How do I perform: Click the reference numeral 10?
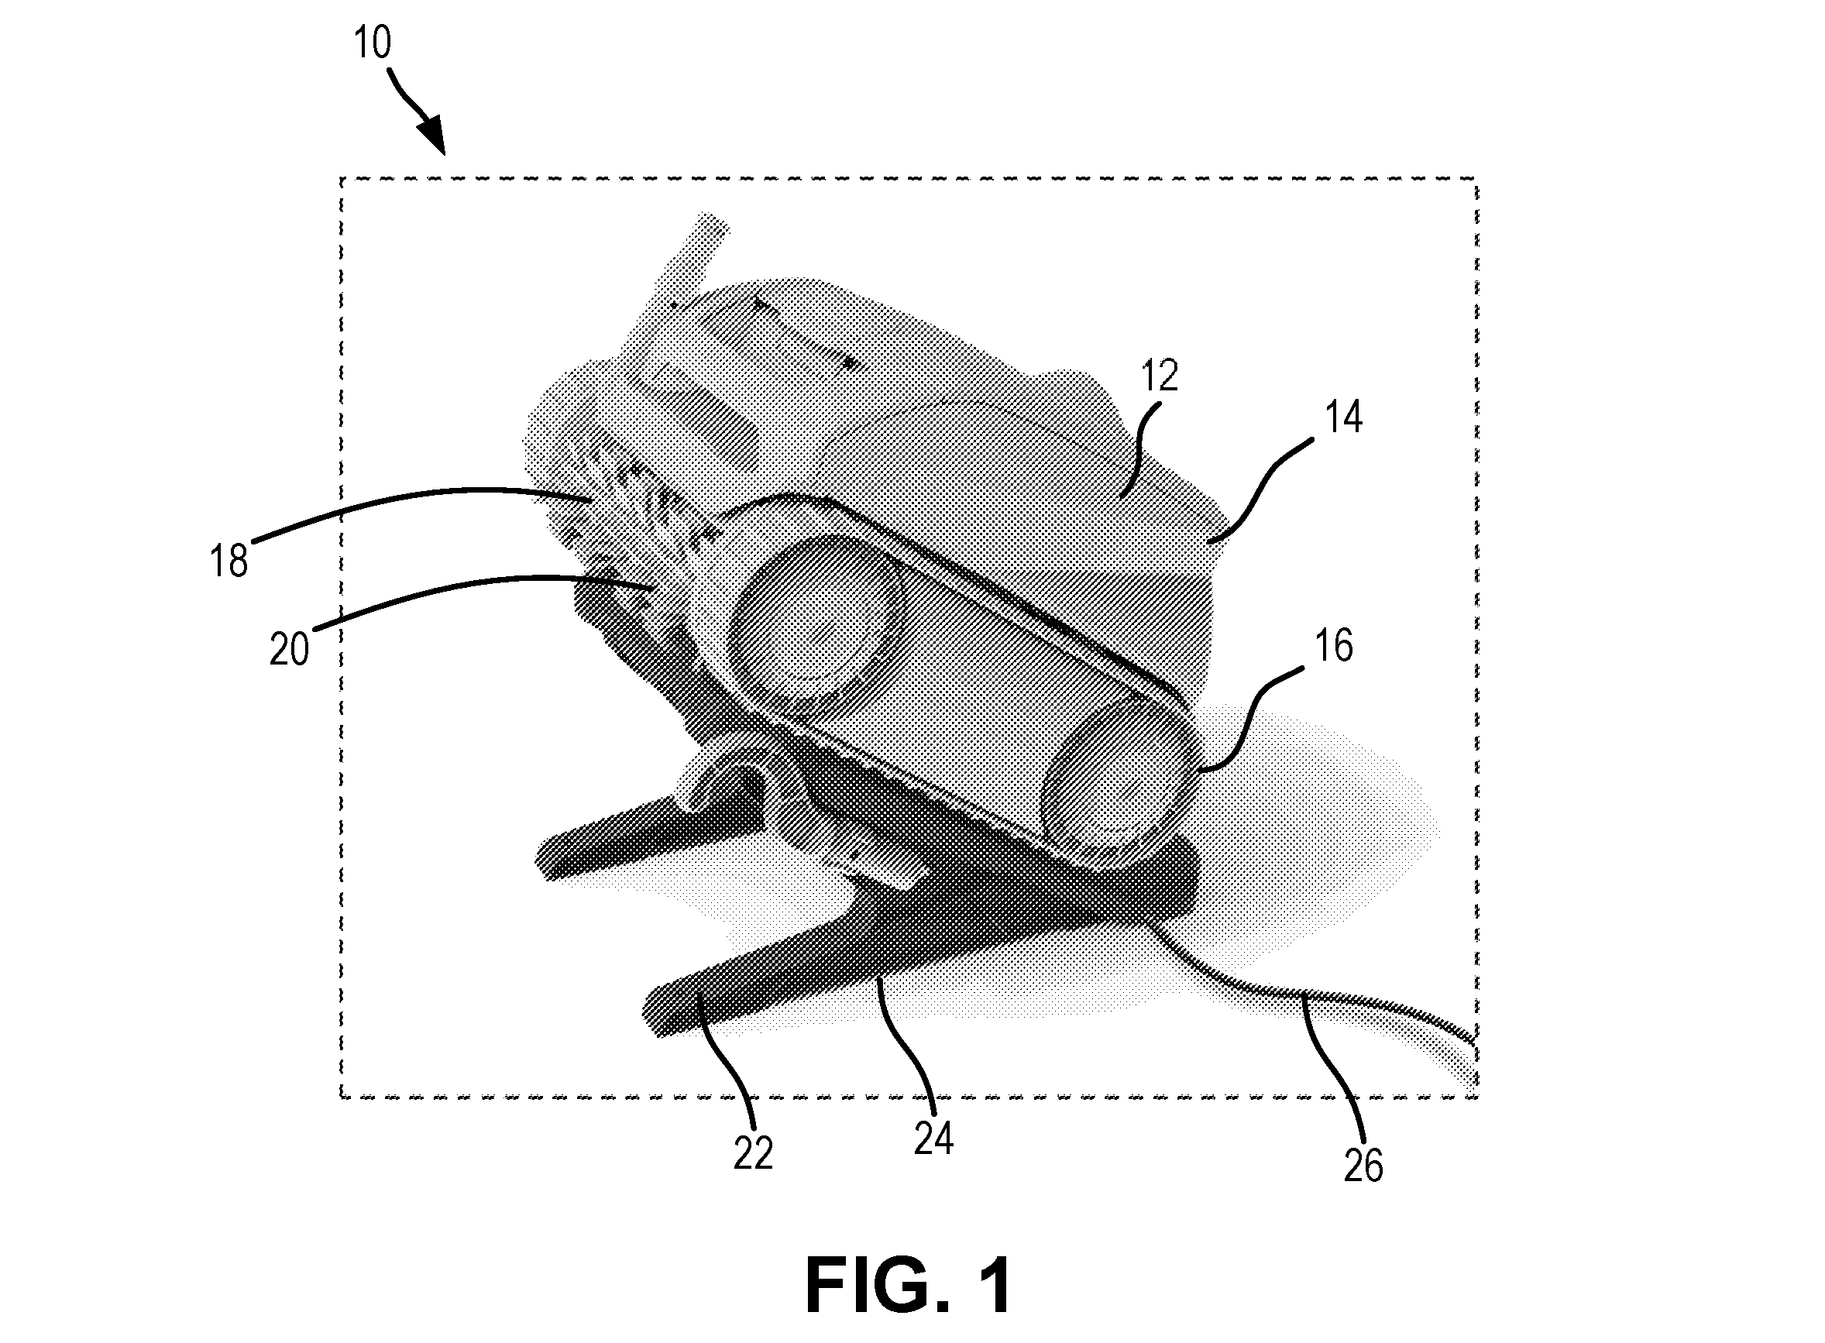click(373, 43)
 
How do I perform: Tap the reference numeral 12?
click(1160, 376)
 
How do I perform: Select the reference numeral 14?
click(1343, 417)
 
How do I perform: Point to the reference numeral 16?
click(1334, 645)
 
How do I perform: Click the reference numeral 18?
click(229, 561)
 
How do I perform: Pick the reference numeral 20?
click(290, 650)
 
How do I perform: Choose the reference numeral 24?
click(933, 1138)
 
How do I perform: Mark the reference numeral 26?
click(1363, 1166)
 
